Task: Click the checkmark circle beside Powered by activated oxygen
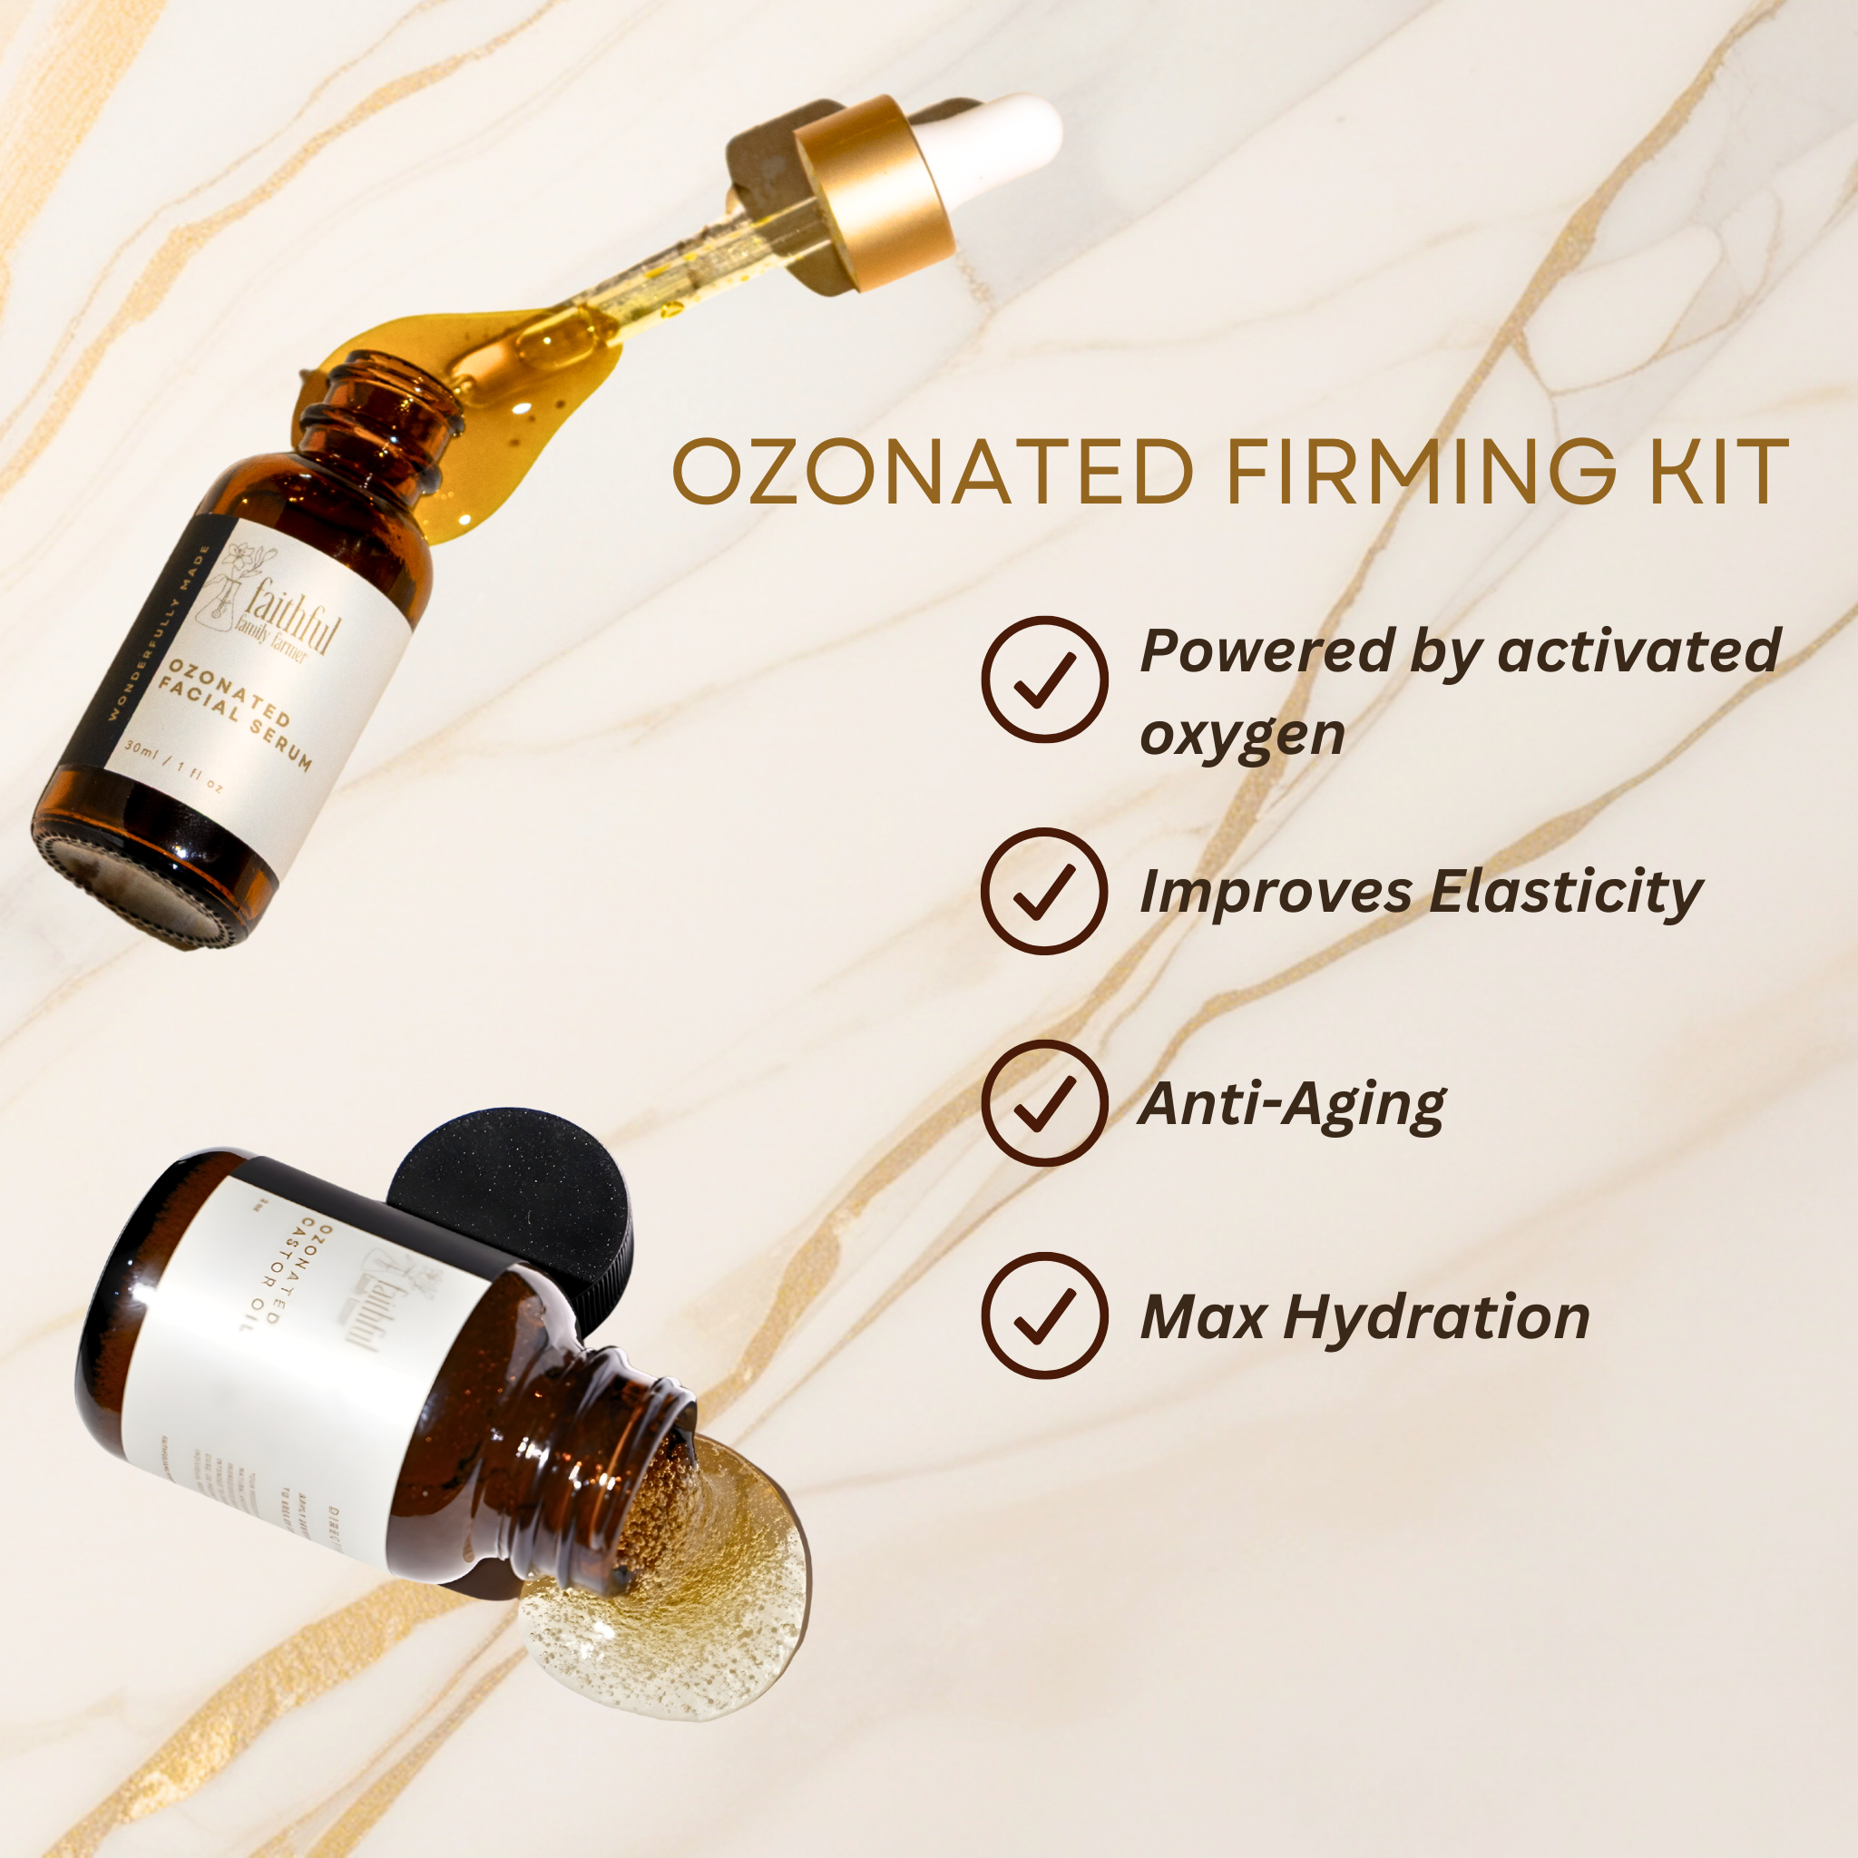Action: [x=1043, y=680]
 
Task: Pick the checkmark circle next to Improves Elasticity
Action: [x=1043, y=891]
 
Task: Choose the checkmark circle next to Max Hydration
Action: [x=1043, y=1315]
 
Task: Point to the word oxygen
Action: [x=1242, y=736]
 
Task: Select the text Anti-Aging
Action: [x=1291, y=1104]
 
